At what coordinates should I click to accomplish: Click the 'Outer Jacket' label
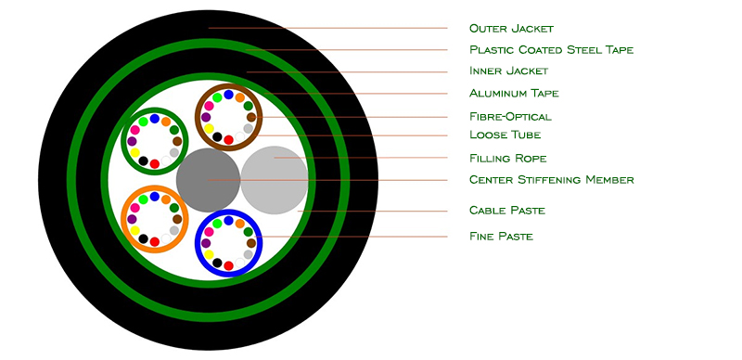tap(511, 29)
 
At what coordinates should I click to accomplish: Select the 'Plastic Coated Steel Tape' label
tap(551, 50)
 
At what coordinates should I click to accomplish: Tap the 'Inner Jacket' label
tap(508, 71)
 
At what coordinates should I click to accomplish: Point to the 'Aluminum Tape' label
tap(514, 93)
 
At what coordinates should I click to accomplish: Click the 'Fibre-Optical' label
tap(510, 117)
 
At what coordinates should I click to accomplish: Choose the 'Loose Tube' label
tap(505, 135)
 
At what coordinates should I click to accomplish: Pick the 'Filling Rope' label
tap(507, 158)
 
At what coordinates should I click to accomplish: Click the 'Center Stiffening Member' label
tap(551, 179)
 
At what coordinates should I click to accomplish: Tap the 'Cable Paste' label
tap(506, 210)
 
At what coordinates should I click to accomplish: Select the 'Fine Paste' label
tap(501, 236)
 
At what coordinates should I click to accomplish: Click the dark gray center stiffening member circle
tap(208, 180)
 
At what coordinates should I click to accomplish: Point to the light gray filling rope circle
tap(275, 180)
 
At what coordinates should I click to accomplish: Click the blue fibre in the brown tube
tap(228, 95)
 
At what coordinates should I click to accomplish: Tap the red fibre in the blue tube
tap(228, 265)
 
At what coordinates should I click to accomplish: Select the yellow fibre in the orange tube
tap(134, 231)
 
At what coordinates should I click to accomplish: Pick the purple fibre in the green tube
tap(132, 141)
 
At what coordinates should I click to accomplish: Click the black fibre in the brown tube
tap(217, 137)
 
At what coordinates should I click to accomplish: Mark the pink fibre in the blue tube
tap(209, 232)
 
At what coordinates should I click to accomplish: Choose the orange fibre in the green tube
tap(166, 122)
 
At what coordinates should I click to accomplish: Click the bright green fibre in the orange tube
tap(143, 199)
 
